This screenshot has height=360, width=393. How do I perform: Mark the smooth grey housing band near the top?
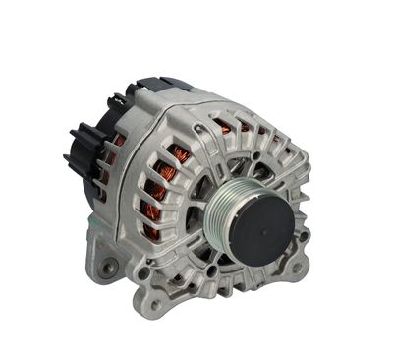(196, 103)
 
